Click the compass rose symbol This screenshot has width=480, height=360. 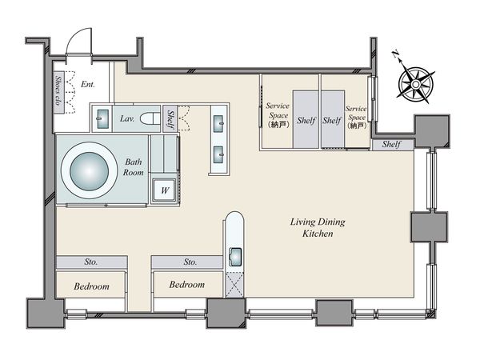(415, 84)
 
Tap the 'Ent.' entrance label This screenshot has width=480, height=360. (88, 84)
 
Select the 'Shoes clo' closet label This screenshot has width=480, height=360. (58, 91)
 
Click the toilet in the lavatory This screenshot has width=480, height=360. (150, 118)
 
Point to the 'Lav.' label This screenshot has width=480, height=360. (127, 118)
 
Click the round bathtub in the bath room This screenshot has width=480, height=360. (89, 170)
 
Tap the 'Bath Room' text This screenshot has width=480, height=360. (134, 167)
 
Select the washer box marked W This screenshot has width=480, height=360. (164, 190)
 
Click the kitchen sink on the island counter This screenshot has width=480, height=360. (235, 257)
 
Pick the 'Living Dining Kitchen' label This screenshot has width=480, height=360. (318, 227)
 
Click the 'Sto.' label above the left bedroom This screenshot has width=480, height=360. (91, 262)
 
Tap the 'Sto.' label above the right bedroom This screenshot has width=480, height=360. (190, 262)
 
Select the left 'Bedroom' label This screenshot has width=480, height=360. (91, 286)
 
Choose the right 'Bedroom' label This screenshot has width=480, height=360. (187, 285)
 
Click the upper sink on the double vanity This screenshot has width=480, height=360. (218, 124)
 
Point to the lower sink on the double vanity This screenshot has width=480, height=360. (218, 155)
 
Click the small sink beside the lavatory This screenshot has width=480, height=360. (102, 118)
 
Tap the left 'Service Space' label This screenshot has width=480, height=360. (278, 115)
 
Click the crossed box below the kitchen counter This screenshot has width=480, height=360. (234, 285)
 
